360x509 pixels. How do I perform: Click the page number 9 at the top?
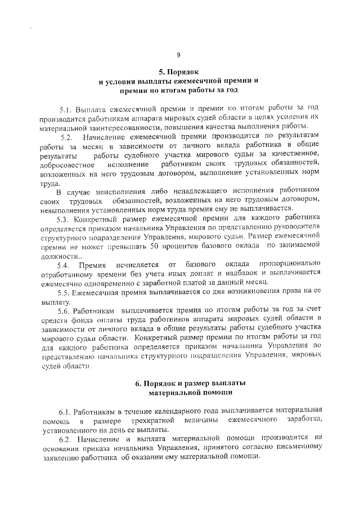click(x=178, y=55)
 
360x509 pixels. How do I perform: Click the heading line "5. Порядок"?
click(x=178, y=72)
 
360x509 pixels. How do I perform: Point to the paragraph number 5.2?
click(x=66, y=137)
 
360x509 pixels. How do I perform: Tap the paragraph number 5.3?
click(x=65, y=219)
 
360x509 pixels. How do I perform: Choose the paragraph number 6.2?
click(x=65, y=438)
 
